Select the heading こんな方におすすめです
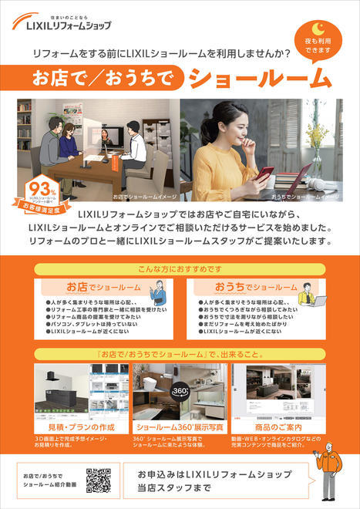[x=180, y=271]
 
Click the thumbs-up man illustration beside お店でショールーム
[x=156, y=293]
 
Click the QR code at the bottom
[x=98, y=480]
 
